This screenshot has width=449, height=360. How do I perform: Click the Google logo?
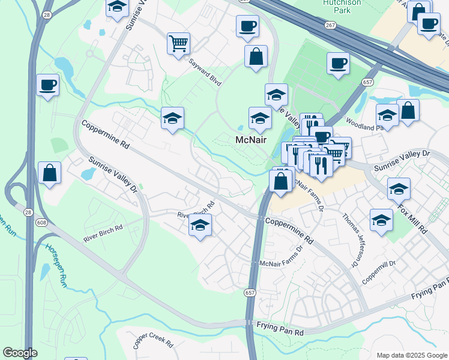[x=20, y=353]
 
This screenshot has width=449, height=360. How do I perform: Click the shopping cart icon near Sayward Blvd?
[x=178, y=43]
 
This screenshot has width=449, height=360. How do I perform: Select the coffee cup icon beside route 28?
[x=47, y=85]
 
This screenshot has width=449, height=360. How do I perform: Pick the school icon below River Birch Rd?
[x=200, y=226]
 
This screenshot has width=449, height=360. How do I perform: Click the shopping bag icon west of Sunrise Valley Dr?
[x=49, y=173]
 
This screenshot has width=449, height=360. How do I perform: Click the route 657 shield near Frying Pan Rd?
[x=249, y=293]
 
